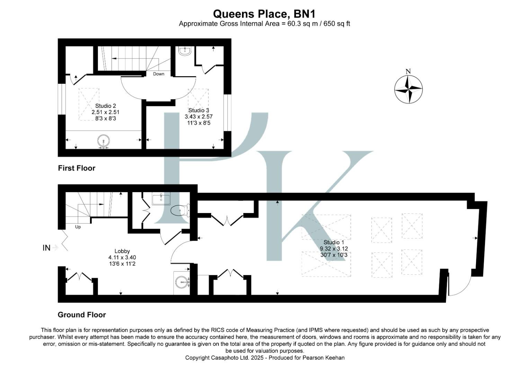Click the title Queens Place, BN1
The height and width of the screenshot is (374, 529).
[x=264, y=14]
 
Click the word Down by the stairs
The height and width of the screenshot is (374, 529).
[x=159, y=74]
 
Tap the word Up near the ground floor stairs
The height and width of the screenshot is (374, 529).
[x=78, y=227]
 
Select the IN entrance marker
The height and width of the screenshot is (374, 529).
[x=46, y=248]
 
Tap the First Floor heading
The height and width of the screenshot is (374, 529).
[x=77, y=168]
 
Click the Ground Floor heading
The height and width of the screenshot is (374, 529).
[x=82, y=315]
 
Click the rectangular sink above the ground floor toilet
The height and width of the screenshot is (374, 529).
[x=161, y=199]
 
